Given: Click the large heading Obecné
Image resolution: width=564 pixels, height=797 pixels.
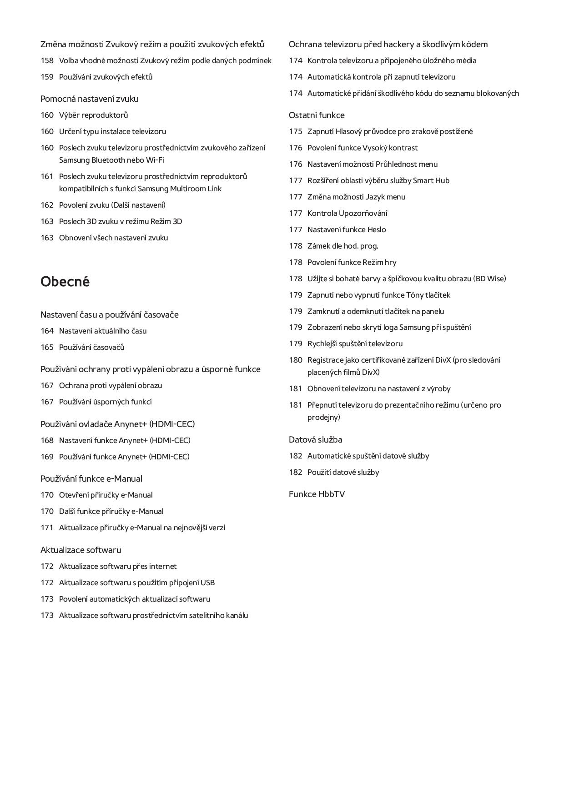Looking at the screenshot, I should pos(65,282).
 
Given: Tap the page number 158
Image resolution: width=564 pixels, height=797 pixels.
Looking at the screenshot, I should pos(47,60).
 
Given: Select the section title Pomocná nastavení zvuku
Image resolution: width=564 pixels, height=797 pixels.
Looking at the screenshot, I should pos(89,99).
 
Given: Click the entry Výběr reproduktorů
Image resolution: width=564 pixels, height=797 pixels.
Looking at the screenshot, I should pos(93,115).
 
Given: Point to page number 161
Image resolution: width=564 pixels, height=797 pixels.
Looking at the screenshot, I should pos(47,176).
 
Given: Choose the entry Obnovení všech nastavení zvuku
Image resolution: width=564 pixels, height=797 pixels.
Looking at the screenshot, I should pos(113,238).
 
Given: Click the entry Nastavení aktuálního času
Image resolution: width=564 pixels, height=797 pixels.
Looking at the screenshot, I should pos(103,331).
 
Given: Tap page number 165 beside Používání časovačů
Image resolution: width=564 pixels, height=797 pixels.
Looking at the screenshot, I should pos(47,347).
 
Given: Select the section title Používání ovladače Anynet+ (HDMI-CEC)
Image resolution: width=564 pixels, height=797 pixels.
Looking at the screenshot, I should pos(117,424).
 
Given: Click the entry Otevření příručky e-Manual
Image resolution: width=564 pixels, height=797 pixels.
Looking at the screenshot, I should pos(106,495).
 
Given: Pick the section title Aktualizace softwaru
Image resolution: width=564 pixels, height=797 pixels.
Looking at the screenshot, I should pos(81,550).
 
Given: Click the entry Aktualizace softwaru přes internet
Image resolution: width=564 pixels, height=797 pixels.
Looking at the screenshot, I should pos(118,566).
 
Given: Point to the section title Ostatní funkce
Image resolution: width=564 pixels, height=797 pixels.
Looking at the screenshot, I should pos(317,115).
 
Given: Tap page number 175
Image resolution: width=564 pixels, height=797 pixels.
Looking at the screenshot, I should pos(295,131).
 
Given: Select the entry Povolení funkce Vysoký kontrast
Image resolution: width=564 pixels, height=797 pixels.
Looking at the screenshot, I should pos(362,148).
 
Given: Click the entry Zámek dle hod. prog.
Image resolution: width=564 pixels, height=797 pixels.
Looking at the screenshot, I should pos(342,246).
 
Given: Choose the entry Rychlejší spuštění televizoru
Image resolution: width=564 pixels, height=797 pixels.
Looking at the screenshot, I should pos(355,344).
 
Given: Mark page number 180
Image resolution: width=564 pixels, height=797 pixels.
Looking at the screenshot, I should pos(295,360).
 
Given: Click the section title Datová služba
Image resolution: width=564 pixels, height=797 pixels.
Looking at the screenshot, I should pos(315,439).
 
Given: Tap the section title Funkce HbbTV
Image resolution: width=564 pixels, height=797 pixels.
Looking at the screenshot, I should pos(317,494).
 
